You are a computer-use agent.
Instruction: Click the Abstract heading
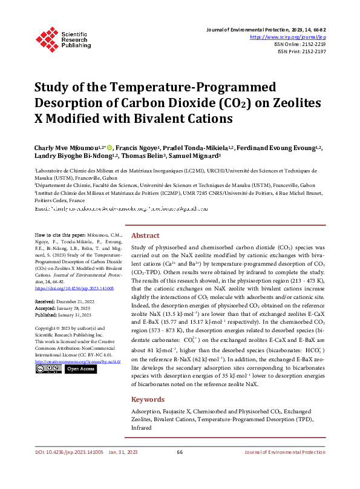click(145, 235)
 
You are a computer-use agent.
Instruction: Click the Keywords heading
click(148, 382)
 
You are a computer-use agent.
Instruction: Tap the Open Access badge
click(80, 369)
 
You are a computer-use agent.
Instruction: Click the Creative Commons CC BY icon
click(48, 369)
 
